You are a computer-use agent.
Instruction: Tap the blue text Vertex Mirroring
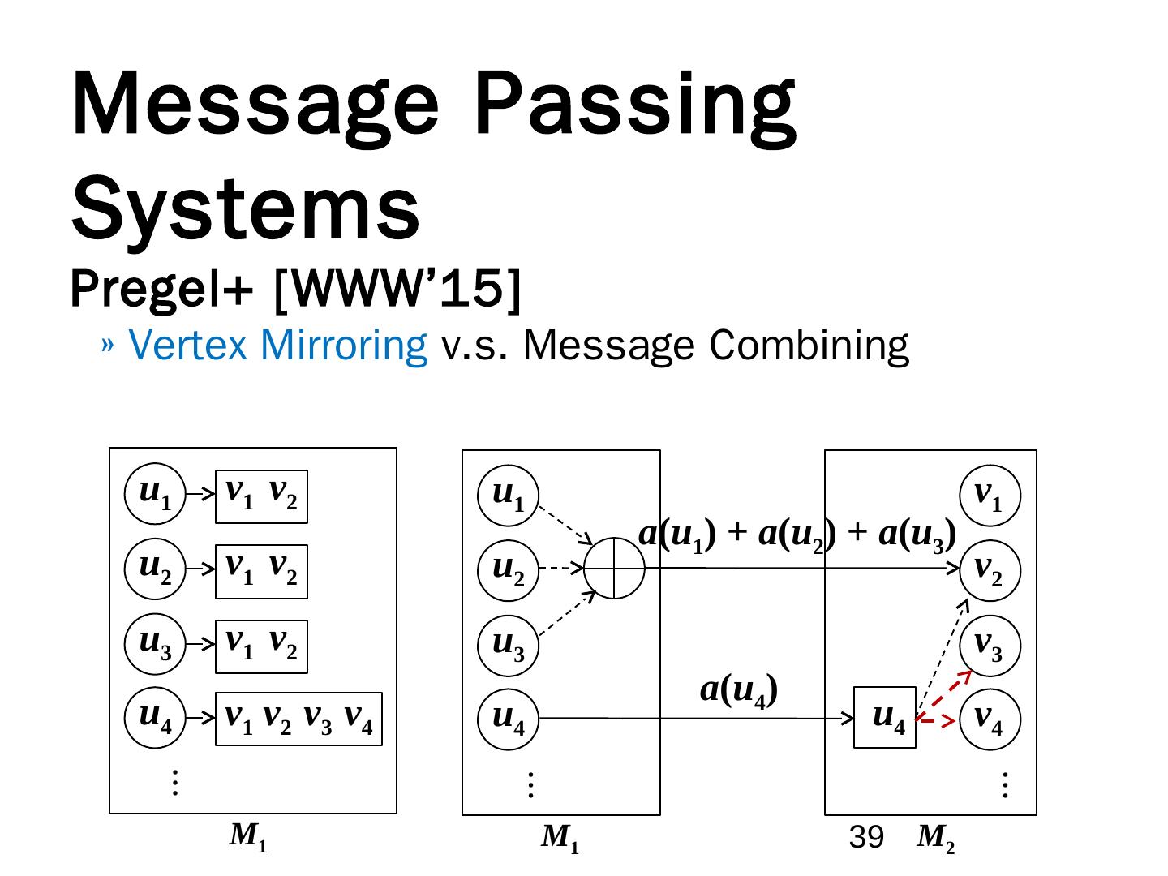click(x=278, y=345)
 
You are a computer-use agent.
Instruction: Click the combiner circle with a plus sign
click(x=614, y=569)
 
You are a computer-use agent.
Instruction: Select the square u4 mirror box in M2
click(x=885, y=718)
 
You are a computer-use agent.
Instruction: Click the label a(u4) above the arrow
click(x=739, y=690)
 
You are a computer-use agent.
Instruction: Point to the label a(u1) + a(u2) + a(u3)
click(x=798, y=535)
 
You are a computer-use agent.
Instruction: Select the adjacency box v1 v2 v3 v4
click(x=298, y=719)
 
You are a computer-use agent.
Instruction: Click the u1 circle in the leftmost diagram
click(x=155, y=494)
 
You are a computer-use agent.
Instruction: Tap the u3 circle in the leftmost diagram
click(x=155, y=644)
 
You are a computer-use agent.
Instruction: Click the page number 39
click(x=866, y=838)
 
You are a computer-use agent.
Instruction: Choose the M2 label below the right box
click(x=935, y=839)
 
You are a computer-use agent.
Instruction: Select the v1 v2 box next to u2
click(x=261, y=571)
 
